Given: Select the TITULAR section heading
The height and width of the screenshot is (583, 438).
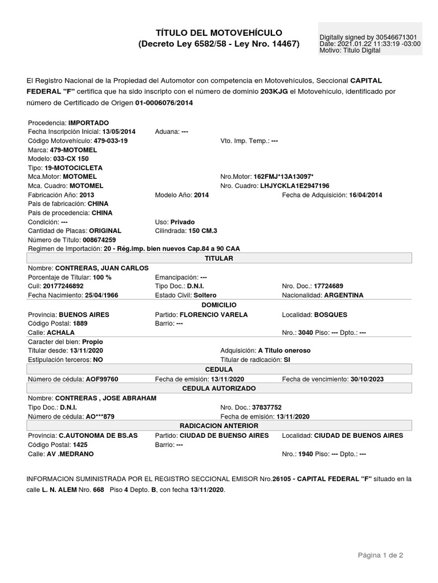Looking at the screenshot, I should pyautogui.click(x=219, y=258).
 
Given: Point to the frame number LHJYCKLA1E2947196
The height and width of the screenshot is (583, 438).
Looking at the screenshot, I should pyautogui.click(x=295, y=186).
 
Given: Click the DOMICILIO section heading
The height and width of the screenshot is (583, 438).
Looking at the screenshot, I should pyautogui.click(x=219, y=305).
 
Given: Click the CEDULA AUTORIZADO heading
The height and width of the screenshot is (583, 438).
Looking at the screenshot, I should pyautogui.click(x=219, y=388).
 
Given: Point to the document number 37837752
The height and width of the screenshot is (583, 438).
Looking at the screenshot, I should pyautogui.click(x=271, y=408).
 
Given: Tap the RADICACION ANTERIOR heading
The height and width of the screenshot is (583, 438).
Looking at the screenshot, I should pyautogui.click(x=219, y=425).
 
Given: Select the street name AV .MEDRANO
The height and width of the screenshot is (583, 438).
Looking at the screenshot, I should pyautogui.click(x=70, y=454).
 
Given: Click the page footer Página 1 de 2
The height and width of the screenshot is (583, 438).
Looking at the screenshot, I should pyautogui.click(x=381, y=555).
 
